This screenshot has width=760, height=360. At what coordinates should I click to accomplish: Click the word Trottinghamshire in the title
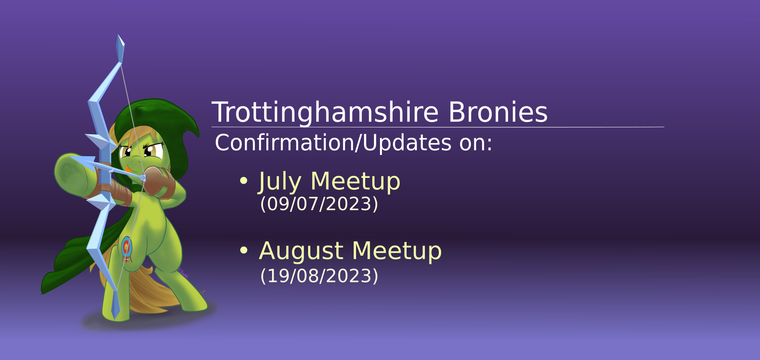[x=325, y=113]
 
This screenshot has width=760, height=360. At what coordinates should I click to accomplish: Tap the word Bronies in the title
[x=498, y=112]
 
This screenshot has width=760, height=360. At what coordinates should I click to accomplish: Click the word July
[x=280, y=181]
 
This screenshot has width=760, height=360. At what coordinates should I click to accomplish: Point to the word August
[x=301, y=252]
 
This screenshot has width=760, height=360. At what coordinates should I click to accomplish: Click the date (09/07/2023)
[x=319, y=204]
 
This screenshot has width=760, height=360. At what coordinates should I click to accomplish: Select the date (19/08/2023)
[x=319, y=276]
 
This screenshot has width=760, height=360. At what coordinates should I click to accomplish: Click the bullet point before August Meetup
[x=244, y=250]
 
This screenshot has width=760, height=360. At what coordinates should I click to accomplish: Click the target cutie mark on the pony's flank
[x=127, y=248]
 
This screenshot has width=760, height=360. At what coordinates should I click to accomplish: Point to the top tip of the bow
[x=118, y=35]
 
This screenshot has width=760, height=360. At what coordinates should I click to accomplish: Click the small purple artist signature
[x=183, y=273]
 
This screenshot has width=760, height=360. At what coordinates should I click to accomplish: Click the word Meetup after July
[x=355, y=181]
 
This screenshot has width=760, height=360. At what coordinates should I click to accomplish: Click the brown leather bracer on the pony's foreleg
[x=114, y=188]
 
